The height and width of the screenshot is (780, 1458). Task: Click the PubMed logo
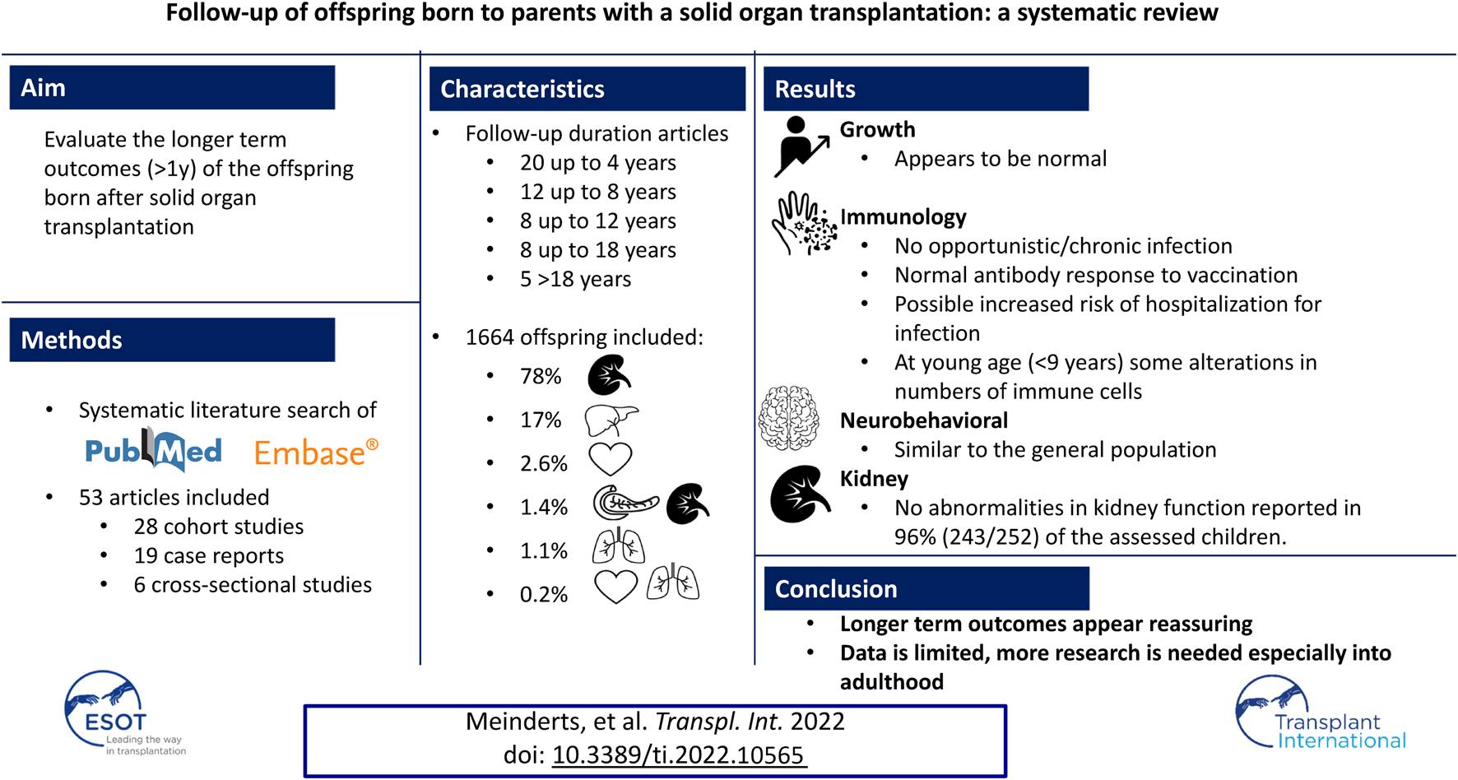153,450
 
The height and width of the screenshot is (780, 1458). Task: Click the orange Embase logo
316,452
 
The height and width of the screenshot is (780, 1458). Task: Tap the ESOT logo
123,713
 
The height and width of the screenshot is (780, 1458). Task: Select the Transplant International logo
1320,713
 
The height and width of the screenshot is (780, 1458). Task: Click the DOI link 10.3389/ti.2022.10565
679,755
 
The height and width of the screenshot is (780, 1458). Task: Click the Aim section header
172,87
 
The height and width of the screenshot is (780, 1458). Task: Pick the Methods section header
172,340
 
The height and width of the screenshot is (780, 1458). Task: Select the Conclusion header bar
926,588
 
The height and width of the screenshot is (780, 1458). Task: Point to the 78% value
541,376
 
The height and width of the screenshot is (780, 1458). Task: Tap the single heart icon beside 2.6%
610,459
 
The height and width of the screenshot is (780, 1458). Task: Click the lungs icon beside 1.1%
619,546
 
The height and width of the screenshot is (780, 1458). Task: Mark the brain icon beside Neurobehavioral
788,418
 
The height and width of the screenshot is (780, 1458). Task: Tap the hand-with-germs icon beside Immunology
804,223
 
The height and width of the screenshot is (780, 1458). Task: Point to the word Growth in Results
877,129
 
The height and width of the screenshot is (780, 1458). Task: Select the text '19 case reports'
209,555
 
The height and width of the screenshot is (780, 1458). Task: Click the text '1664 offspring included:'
584,337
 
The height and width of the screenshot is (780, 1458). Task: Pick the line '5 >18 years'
575,279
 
